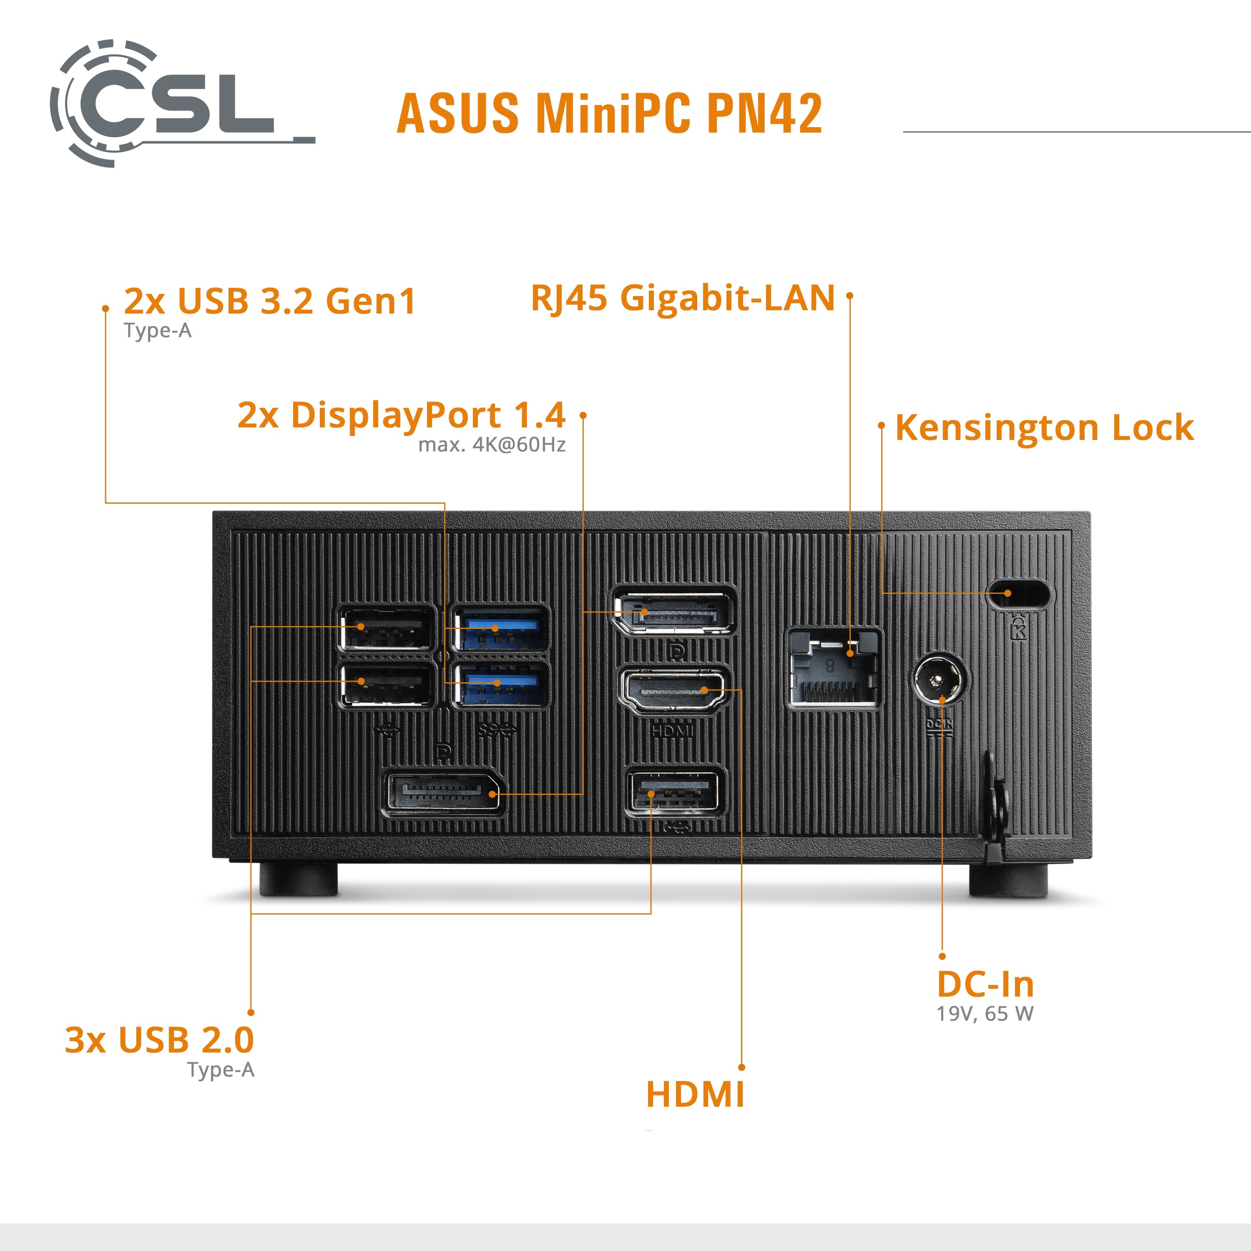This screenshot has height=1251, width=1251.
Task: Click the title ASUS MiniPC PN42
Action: [x=609, y=113]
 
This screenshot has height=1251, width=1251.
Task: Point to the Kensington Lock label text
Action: [x=1044, y=427]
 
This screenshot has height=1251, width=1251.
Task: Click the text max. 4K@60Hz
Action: [x=492, y=445]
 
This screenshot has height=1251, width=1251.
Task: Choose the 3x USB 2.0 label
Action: [x=159, y=1040]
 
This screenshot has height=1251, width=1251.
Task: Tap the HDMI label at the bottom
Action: [x=695, y=1094]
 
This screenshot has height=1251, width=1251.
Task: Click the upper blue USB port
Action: [x=499, y=629]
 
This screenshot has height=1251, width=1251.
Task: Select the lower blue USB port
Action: [x=499, y=684]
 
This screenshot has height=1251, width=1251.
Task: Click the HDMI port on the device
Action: [x=673, y=691]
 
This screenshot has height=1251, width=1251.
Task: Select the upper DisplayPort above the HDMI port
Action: [x=673, y=612]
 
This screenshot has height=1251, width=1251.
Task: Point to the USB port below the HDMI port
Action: [x=673, y=792]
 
